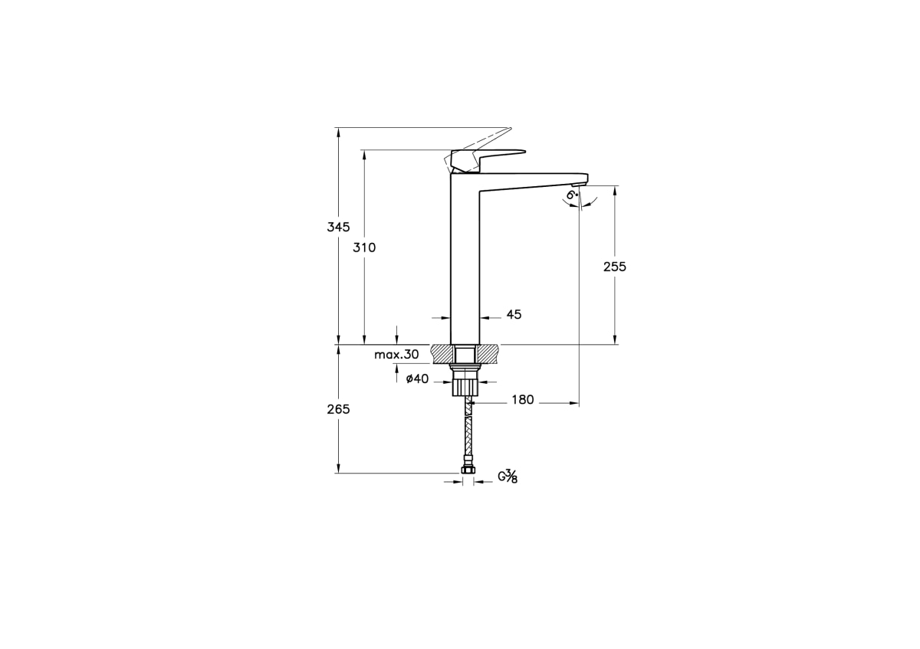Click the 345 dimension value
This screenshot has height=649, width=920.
click(338, 227)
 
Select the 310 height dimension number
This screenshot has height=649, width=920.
click(364, 247)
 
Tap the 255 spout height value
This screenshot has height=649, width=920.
click(614, 267)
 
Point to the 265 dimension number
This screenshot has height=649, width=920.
click(338, 409)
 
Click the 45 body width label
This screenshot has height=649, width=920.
click(514, 314)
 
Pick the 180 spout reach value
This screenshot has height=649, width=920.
click(522, 399)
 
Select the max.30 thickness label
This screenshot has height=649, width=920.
click(396, 354)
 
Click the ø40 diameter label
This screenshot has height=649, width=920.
click(417, 379)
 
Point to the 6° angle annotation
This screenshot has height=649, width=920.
click(572, 195)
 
